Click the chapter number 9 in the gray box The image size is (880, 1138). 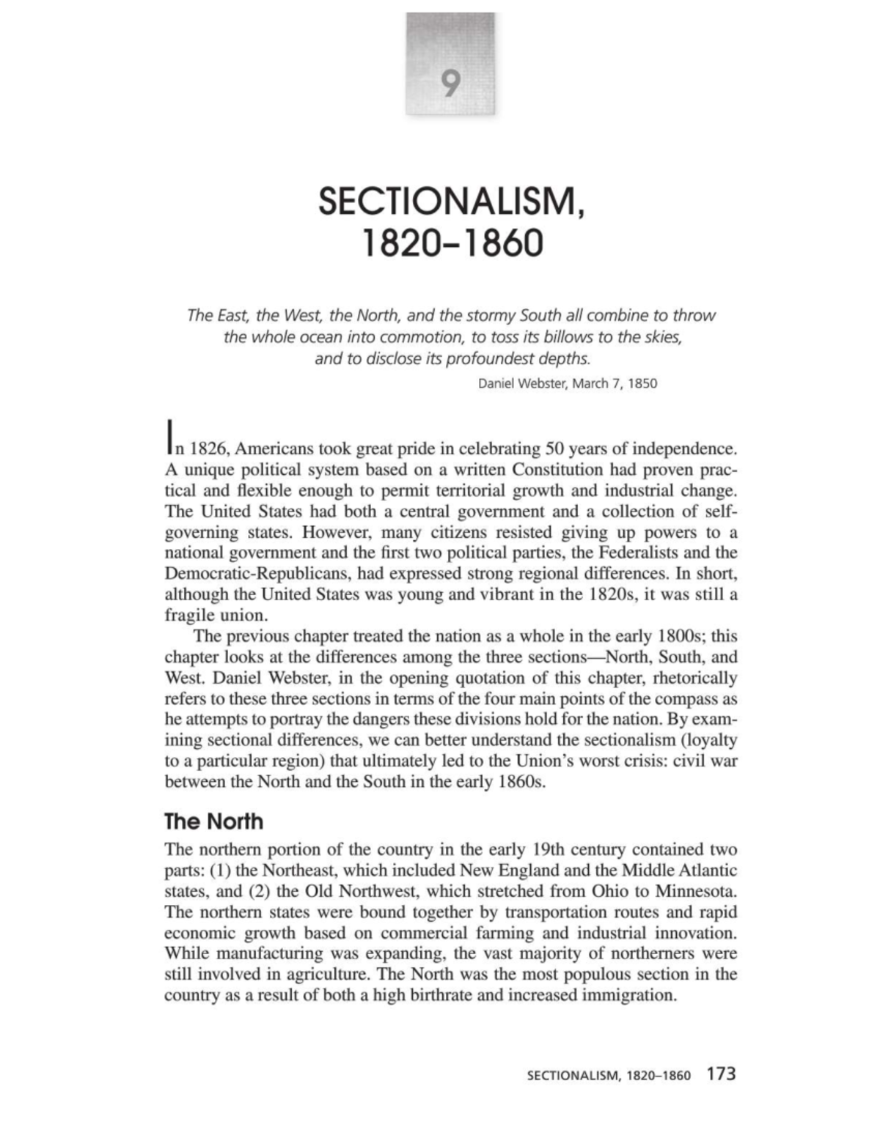pos(450,84)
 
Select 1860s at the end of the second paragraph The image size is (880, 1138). pos(522,782)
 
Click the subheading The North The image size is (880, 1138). pos(213,821)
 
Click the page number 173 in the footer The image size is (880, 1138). pos(721,1074)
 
